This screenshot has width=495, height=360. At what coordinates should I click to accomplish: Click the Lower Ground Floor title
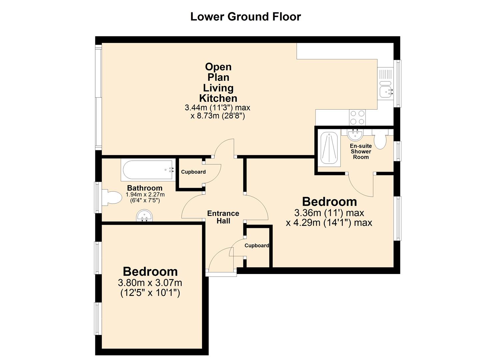tap(246, 17)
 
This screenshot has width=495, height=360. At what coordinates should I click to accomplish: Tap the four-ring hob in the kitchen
tap(357, 117)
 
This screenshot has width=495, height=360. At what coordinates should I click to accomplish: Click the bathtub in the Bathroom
tap(147, 170)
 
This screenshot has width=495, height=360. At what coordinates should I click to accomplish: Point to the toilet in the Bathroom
tap(112, 197)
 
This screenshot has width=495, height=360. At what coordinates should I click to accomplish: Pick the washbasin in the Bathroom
tap(144, 215)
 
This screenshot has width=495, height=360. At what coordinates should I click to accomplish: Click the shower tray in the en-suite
tap(329, 148)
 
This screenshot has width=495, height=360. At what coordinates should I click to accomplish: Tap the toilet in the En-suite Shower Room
tap(380, 139)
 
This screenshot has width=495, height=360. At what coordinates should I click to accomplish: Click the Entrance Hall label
tap(223, 217)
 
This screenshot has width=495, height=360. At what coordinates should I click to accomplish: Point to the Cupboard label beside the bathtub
tap(193, 172)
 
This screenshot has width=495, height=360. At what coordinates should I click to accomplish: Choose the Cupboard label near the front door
tap(257, 246)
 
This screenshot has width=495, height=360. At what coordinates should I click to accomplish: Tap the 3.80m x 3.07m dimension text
tap(150, 283)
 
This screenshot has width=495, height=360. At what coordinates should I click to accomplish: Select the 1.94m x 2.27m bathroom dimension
tap(145, 195)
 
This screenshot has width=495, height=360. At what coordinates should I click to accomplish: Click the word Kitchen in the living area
tap(218, 98)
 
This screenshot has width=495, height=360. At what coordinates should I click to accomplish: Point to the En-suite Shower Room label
tap(361, 151)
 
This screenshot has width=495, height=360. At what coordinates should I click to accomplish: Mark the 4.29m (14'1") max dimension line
tap(329, 223)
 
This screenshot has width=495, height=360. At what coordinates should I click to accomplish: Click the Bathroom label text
tap(145, 188)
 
